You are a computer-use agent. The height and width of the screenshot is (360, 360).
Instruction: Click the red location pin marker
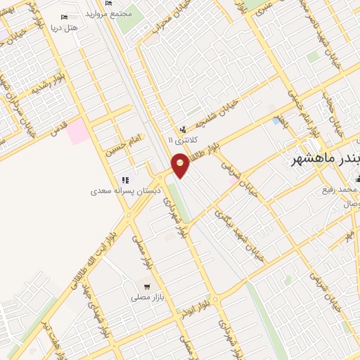[x=180, y=165]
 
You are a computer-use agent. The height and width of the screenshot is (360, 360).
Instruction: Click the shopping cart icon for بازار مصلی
[x=147, y=286]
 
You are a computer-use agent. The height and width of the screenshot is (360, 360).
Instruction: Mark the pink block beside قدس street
[x=78, y=131]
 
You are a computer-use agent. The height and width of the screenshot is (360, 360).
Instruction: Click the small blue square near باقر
[x=276, y=122]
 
